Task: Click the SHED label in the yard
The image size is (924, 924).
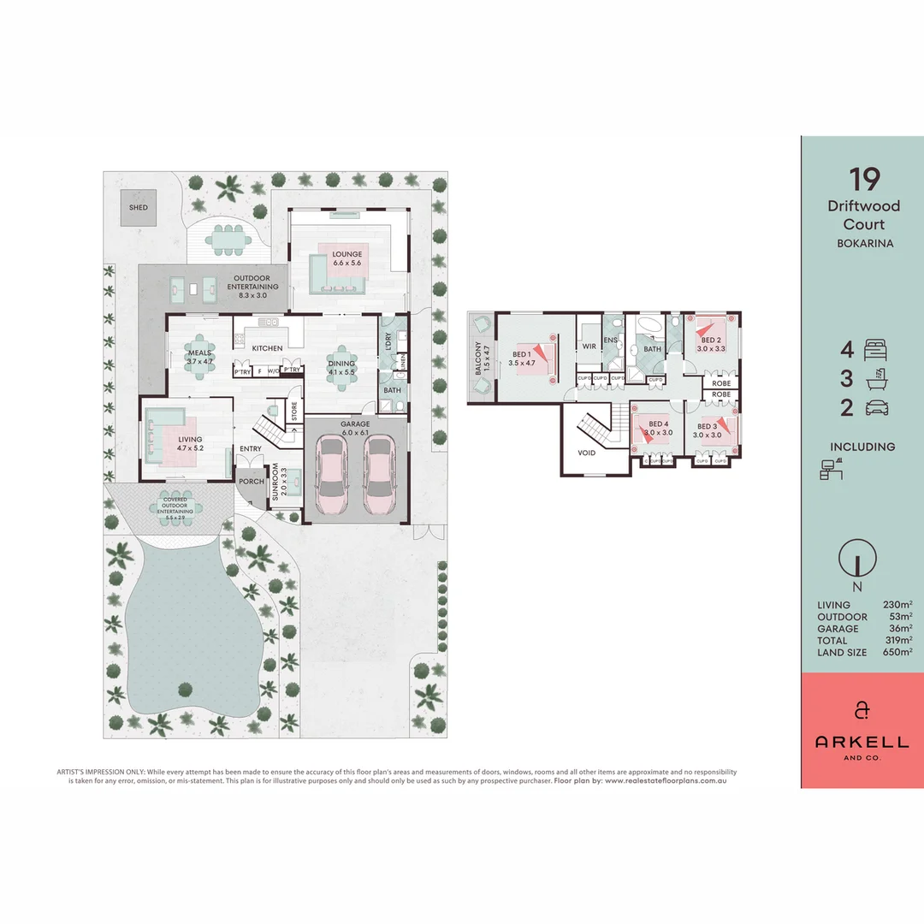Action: coord(138,208)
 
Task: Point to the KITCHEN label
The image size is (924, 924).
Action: coord(267,348)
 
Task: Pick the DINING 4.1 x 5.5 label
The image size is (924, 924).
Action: coord(342,368)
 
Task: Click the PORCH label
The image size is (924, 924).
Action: coord(251,480)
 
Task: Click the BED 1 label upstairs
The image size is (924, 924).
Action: coord(521,358)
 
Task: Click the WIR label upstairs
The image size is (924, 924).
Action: coord(589,346)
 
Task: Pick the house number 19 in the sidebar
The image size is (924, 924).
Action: coord(864,180)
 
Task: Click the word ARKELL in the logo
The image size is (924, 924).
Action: coord(863,741)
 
